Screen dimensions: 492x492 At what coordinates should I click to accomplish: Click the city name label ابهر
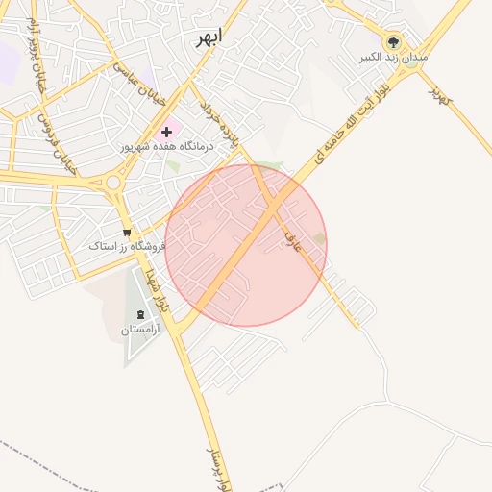click(x=208, y=37)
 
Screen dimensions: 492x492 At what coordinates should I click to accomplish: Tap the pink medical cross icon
click(x=167, y=131)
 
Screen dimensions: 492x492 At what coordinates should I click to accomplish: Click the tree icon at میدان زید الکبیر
click(x=392, y=42)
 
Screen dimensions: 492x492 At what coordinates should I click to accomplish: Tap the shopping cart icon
click(x=126, y=232)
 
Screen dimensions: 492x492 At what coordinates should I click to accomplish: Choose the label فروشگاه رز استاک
click(x=127, y=247)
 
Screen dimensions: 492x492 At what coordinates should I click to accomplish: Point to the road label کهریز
click(x=438, y=93)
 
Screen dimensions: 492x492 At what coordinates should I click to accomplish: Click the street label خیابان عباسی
click(x=141, y=85)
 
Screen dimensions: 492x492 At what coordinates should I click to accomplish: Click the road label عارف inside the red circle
click(x=294, y=240)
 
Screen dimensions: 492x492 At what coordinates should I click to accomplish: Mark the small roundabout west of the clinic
click(x=113, y=182)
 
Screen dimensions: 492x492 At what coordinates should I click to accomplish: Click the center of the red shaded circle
click(x=246, y=245)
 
